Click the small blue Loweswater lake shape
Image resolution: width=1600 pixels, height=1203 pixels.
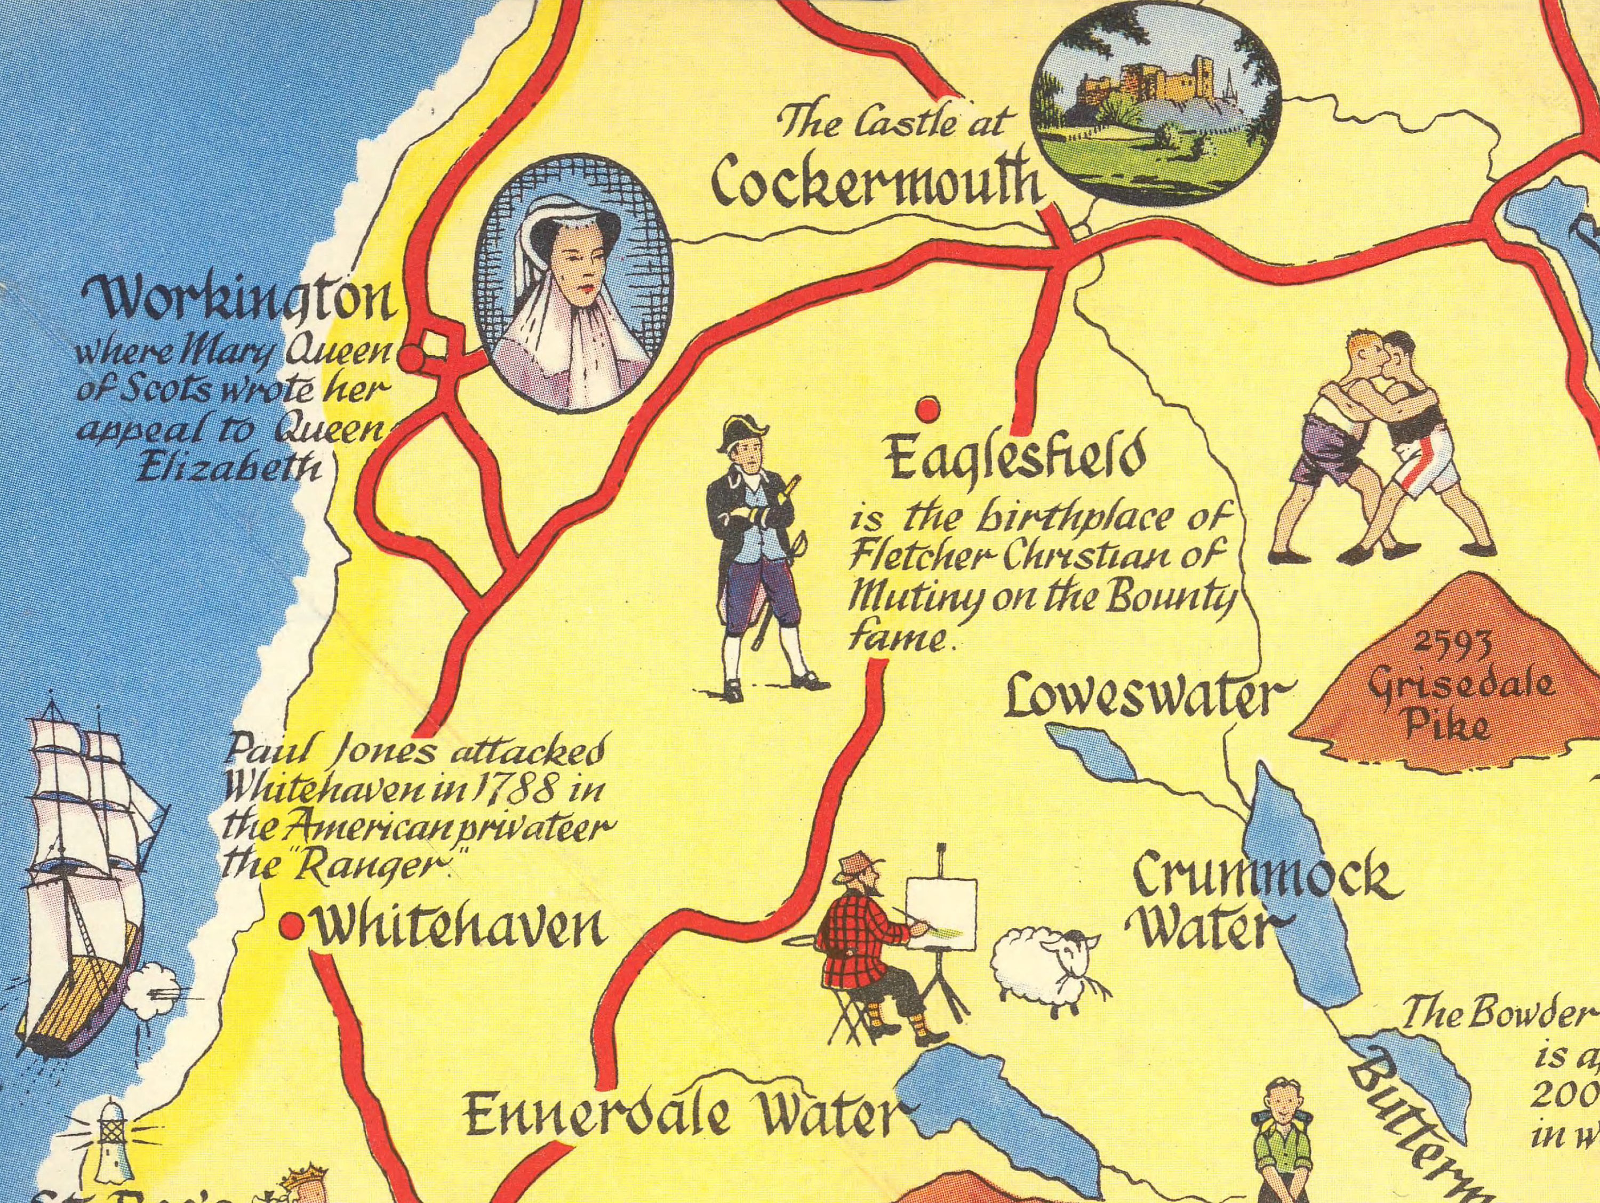pyautogui.click(x=1092, y=752)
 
